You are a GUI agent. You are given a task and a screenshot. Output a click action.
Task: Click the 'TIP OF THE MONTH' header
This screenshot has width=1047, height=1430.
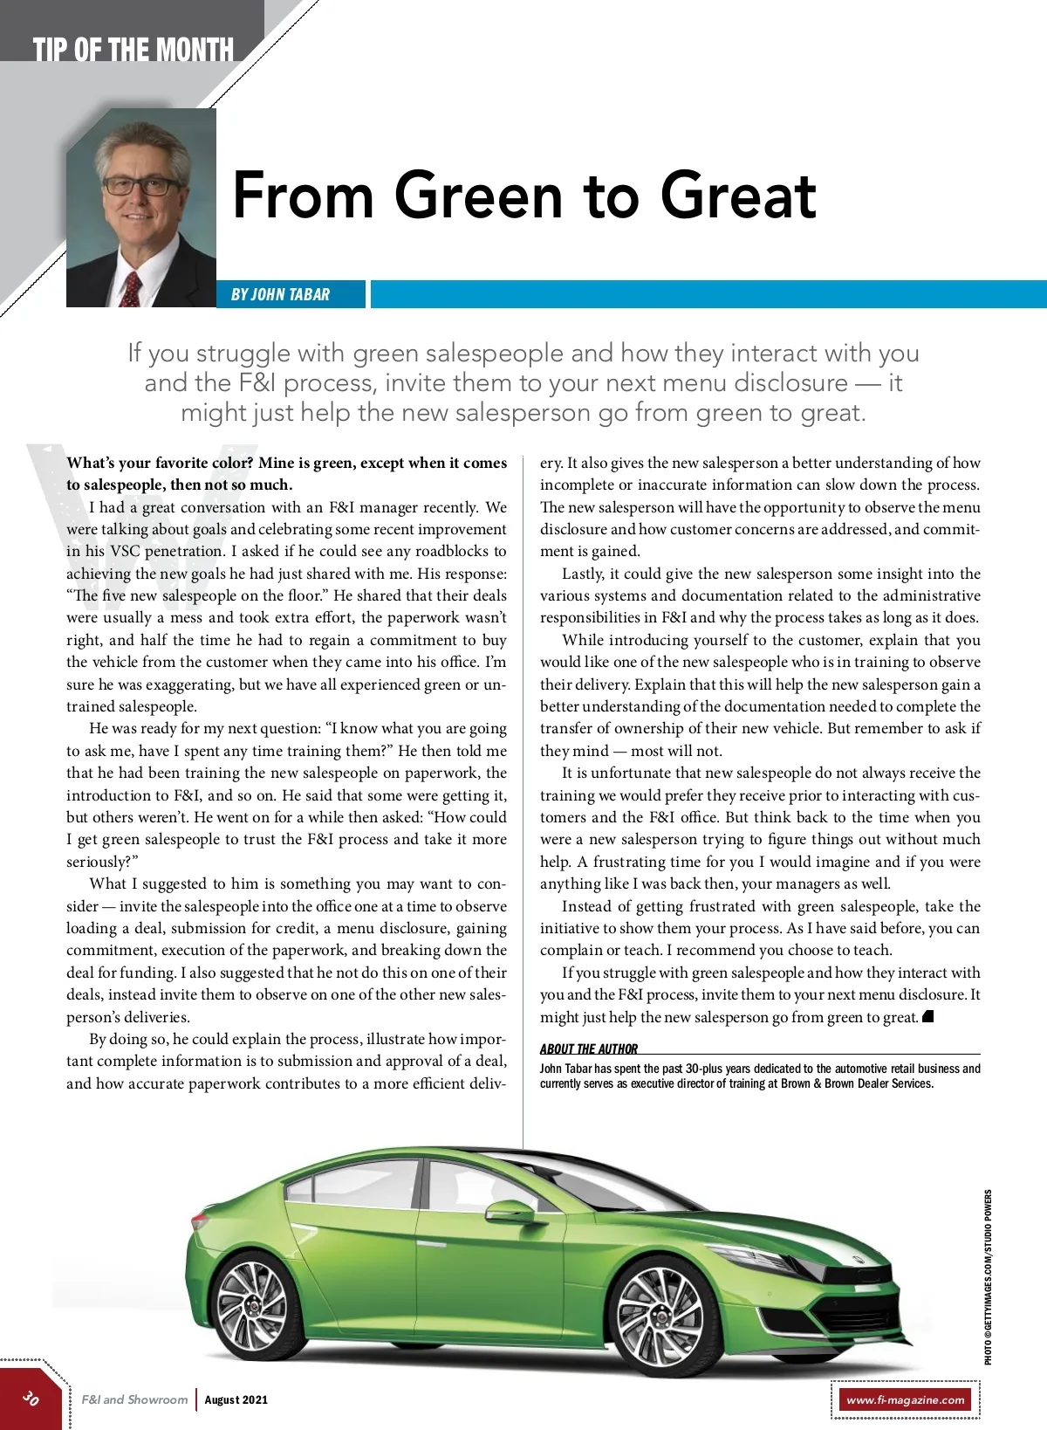[x=133, y=49]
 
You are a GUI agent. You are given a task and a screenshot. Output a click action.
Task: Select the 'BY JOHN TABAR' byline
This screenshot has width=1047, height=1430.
[x=280, y=294]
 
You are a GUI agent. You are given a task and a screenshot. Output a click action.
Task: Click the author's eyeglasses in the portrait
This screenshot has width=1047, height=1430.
[x=141, y=186]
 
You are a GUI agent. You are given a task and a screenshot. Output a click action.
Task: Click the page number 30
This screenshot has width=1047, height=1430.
[x=31, y=1398]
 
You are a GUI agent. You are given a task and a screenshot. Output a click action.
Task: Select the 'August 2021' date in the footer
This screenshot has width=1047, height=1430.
[x=236, y=1399]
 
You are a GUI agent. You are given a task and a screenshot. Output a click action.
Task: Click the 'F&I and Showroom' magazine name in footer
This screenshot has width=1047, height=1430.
[x=134, y=1399]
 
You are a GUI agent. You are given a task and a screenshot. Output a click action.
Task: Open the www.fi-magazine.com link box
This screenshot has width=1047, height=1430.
[x=905, y=1399]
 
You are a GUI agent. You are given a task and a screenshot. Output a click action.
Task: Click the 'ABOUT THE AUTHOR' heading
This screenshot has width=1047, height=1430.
[x=589, y=1049]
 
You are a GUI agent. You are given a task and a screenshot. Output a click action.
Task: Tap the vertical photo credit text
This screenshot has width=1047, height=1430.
[x=988, y=1276]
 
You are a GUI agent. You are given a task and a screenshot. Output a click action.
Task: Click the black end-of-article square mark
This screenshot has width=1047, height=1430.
[x=928, y=1015]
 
